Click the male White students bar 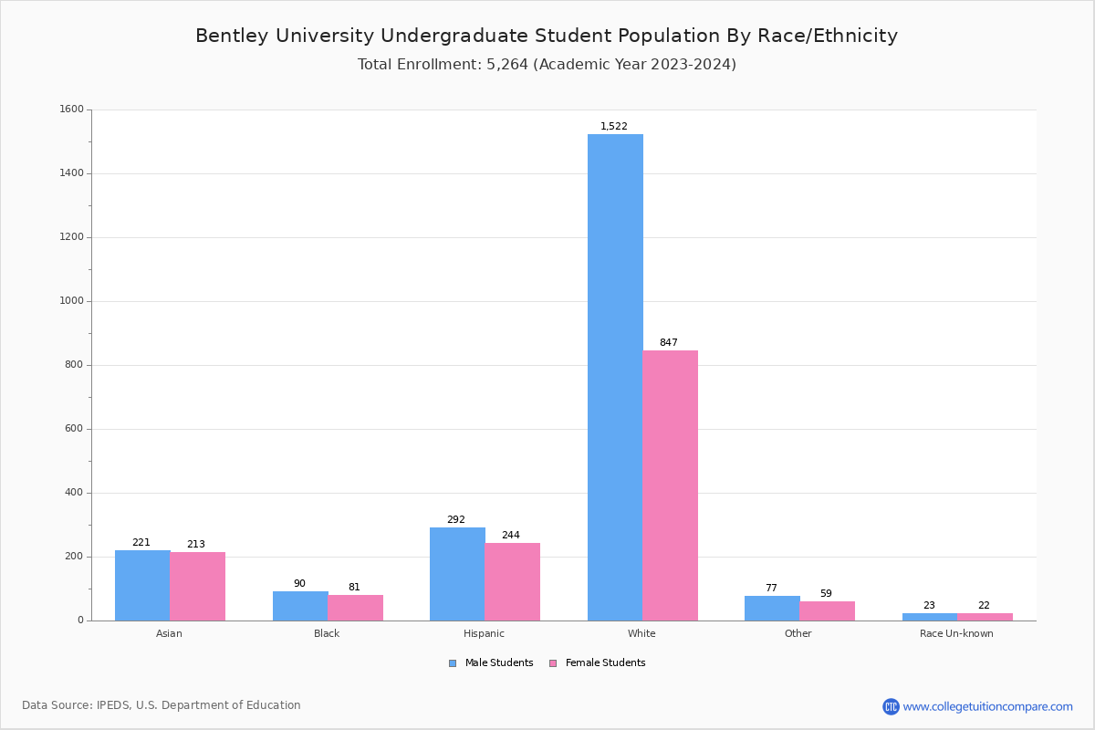tap(615, 377)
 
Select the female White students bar tap(670, 485)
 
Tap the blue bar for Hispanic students tap(457, 574)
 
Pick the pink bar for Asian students tap(197, 586)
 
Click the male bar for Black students tap(300, 606)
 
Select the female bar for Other tap(827, 610)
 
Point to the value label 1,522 tap(614, 127)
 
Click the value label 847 tap(669, 343)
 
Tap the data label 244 tap(511, 536)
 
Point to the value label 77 tap(771, 589)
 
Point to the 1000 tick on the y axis tap(71, 301)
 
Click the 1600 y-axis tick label tap(71, 109)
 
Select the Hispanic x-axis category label tap(484, 633)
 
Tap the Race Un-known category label tap(956, 633)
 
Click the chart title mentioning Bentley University tap(547, 36)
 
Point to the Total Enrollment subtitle tap(547, 65)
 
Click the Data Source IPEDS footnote tap(162, 705)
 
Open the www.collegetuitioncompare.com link tap(987, 706)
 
